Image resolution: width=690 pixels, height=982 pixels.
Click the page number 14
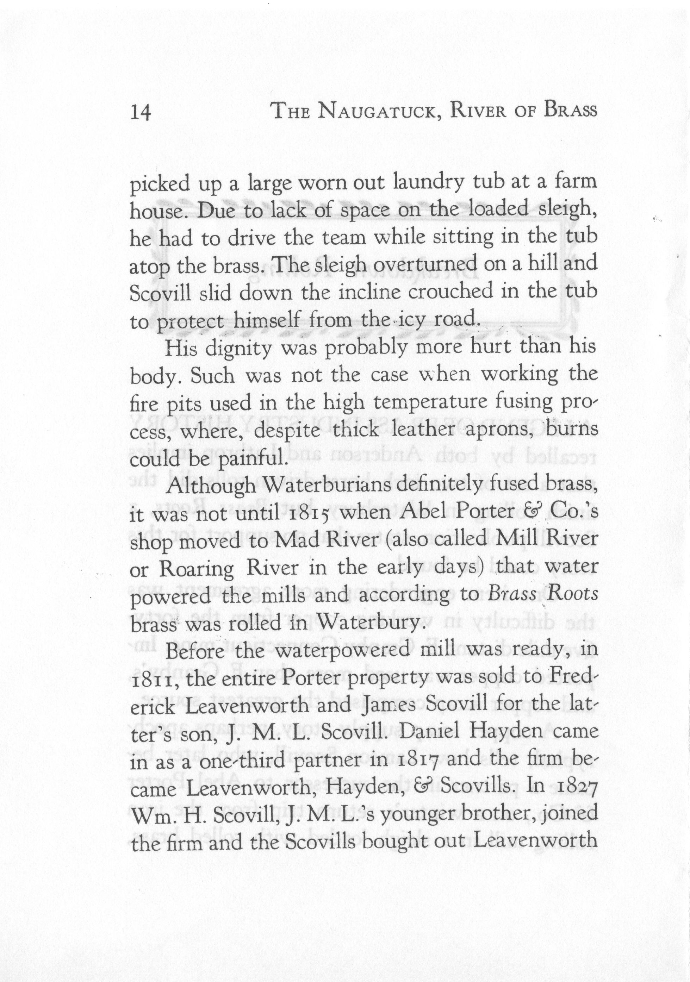pyautogui.click(x=141, y=113)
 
